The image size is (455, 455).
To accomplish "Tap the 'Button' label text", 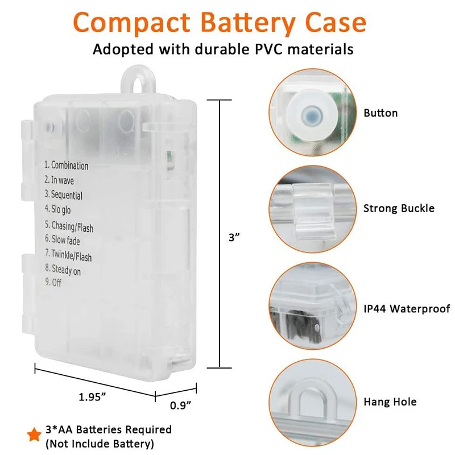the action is (380, 113).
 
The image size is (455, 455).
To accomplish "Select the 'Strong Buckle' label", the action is (399, 209).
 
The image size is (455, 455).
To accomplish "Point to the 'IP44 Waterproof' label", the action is (407, 309).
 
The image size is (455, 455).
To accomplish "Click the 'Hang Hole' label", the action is (390, 402).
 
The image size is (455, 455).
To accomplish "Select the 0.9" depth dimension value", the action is (180, 404).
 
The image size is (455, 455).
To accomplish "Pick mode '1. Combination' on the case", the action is (67, 166).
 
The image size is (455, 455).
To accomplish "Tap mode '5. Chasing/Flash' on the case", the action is (69, 226).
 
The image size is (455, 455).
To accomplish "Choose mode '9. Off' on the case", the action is (53, 283).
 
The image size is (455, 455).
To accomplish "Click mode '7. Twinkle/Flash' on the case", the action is (68, 256).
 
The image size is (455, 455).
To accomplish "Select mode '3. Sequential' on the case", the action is (64, 195).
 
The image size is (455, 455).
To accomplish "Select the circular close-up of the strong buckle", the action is (311, 209).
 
